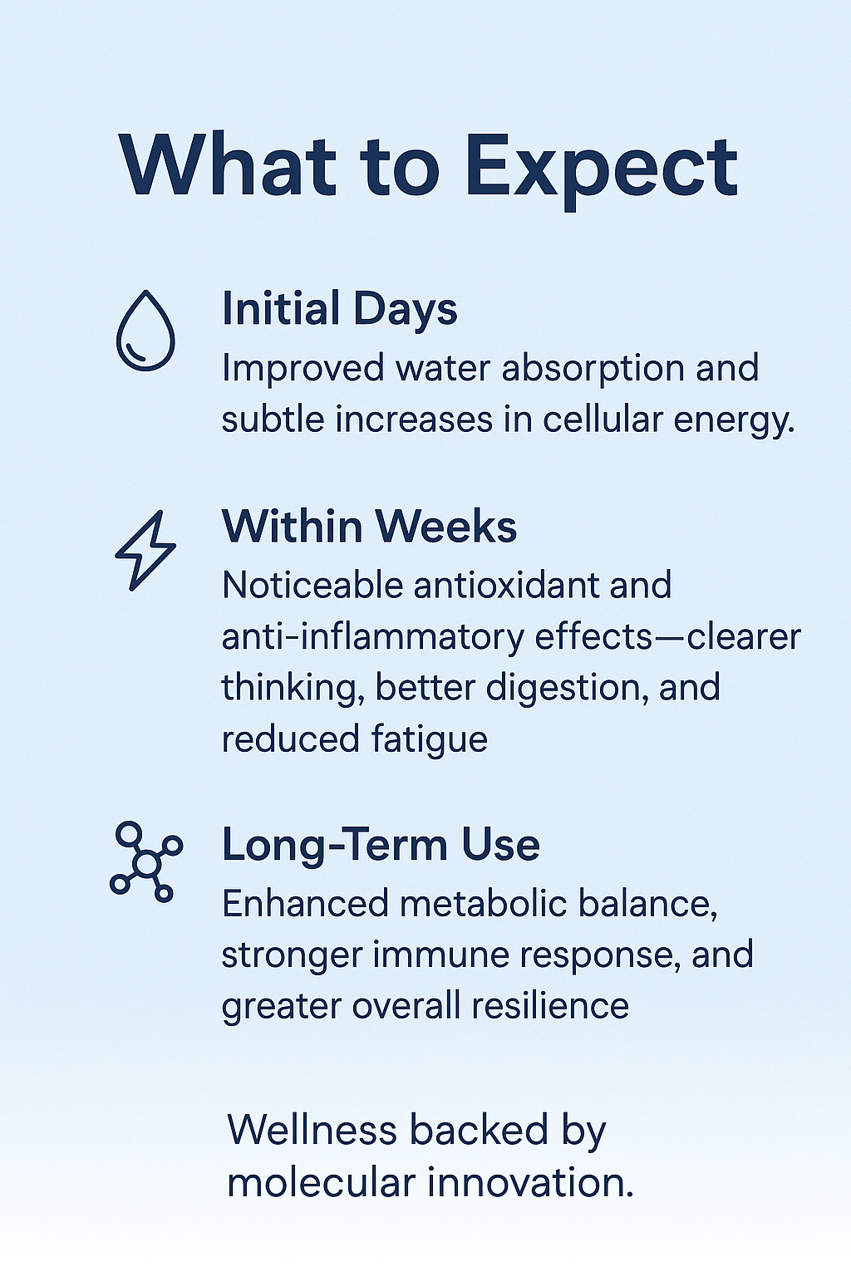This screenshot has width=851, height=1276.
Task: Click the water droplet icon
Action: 145,331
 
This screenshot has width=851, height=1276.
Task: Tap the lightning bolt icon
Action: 145,550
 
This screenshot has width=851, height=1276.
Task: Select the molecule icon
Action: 145,862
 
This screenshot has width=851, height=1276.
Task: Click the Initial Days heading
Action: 339,309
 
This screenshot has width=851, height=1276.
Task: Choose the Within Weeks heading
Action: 369,527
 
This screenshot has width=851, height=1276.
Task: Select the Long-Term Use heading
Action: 381,845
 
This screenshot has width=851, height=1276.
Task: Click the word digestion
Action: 567,688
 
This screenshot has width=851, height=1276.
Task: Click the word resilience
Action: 550,1006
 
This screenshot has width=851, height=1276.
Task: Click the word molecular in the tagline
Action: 322,1182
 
